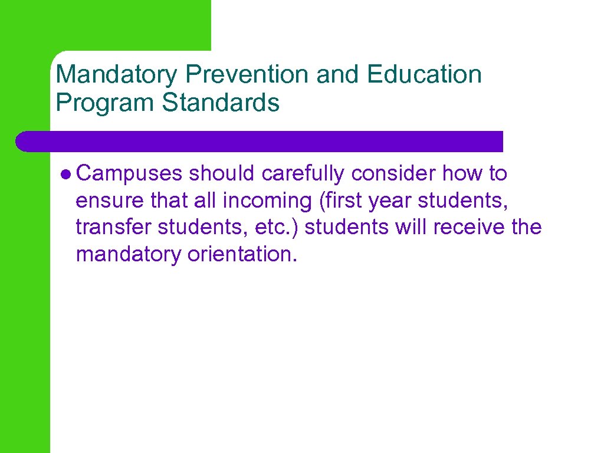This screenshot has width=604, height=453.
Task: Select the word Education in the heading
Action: coord(424,75)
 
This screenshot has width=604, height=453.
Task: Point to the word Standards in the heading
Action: coord(221,102)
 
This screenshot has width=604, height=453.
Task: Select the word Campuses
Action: coord(130,174)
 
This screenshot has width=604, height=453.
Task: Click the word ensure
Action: coord(109,201)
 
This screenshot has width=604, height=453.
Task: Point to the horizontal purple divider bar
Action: coord(260,142)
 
